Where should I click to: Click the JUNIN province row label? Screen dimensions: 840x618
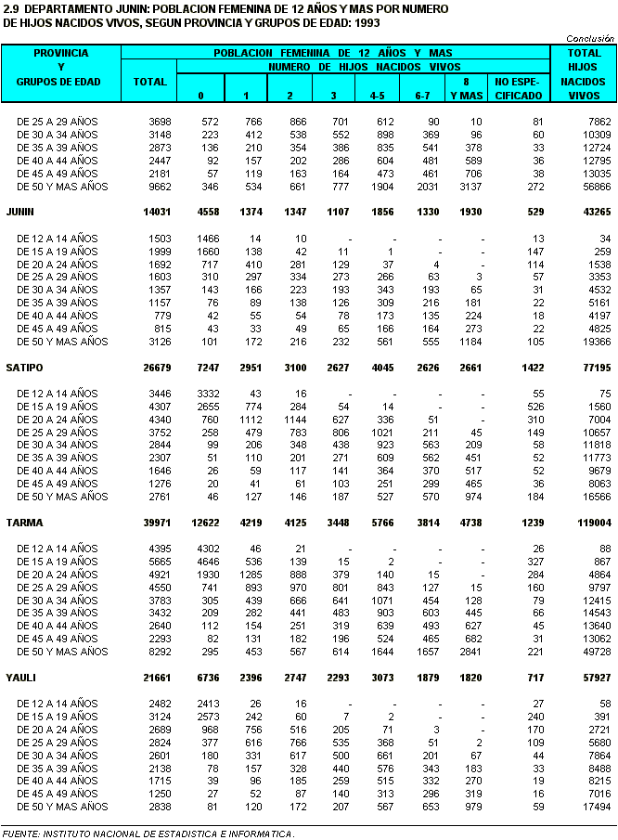click(x=20, y=212)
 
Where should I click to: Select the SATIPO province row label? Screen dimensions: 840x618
click(x=23, y=367)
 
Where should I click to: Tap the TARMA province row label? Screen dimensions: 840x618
click(x=22, y=522)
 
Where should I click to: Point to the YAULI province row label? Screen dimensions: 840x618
click(x=20, y=677)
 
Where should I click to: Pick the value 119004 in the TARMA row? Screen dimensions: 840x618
click(x=593, y=522)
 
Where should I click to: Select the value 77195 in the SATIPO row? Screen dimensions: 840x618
click(x=596, y=367)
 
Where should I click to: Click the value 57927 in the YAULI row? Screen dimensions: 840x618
click(x=596, y=677)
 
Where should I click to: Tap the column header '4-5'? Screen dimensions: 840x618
click(x=378, y=96)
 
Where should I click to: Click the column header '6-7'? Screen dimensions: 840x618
click(x=422, y=96)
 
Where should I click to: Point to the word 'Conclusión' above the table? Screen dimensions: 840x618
click(x=590, y=38)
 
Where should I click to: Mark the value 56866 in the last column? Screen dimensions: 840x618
click(x=596, y=187)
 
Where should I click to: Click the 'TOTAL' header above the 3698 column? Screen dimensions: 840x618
click(x=149, y=82)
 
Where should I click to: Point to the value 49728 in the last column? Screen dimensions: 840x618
click(x=596, y=652)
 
